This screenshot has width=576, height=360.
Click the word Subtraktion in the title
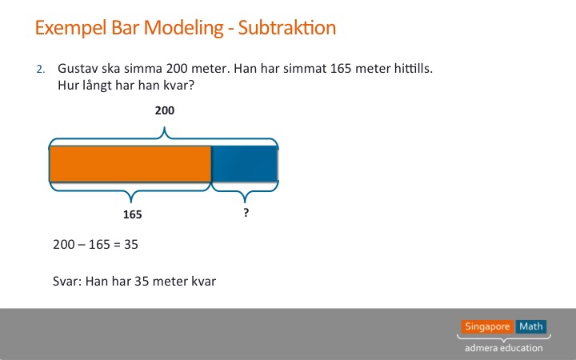point(287,27)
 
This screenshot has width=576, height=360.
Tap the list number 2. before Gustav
point(41,69)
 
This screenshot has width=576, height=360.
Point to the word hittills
point(414,68)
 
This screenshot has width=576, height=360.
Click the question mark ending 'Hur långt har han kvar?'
point(190,86)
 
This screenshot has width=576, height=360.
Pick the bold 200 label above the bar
point(165,110)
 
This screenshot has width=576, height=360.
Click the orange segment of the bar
point(130,164)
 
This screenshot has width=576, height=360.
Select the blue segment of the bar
point(244,164)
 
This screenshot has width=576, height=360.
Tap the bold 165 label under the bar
point(132,214)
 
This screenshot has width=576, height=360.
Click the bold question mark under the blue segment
point(246,212)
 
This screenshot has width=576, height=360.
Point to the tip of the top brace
point(165,127)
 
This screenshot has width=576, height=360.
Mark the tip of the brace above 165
point(131,202)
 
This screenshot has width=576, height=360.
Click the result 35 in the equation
point(131,245)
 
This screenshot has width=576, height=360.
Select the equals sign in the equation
point(117,245)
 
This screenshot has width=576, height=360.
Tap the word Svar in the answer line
point(66,282)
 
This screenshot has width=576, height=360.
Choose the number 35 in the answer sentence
point(142,282)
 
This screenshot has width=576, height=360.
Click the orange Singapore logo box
point(487,326)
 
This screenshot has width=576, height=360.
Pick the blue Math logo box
point(531,326)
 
